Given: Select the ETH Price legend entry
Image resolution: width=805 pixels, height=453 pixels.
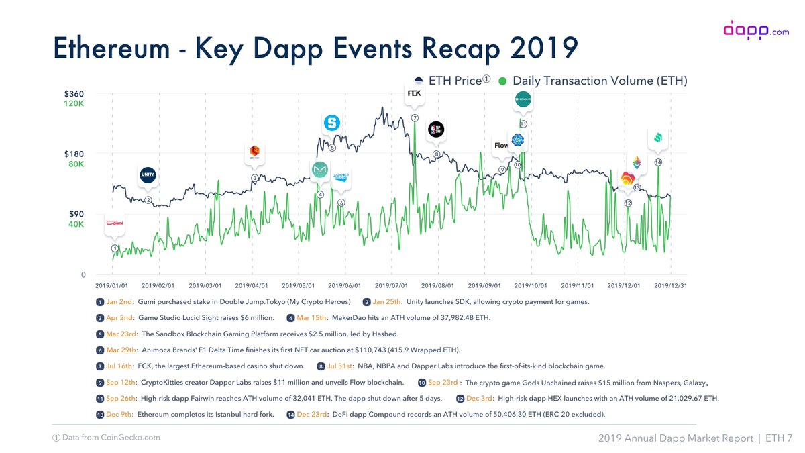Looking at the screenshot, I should [x=453, y=81].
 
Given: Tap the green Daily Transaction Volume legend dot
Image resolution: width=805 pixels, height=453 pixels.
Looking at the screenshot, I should [x=502, y=81].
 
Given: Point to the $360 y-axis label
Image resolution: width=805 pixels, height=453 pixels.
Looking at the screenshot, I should [x=74, y=94].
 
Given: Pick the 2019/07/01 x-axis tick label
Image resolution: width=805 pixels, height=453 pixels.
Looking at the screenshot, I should [x=392, y=285].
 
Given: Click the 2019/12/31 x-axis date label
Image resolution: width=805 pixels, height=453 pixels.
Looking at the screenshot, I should [x=672, y=285].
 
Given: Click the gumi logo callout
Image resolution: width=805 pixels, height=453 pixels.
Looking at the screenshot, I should [x=115, y=223].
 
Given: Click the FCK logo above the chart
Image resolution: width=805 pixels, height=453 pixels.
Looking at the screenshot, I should [x=415, y=93].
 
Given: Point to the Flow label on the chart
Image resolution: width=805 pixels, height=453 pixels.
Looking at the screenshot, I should [x=501, y=145].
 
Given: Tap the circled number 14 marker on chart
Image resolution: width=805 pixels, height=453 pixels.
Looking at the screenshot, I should [x=658, y=162].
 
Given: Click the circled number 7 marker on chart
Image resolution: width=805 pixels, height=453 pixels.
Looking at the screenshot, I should [x=415, y=118].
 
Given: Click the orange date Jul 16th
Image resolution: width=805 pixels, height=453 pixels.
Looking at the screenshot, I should [x=120, y=366].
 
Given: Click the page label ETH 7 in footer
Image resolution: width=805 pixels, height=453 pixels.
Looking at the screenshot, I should [x=779, y=438].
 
